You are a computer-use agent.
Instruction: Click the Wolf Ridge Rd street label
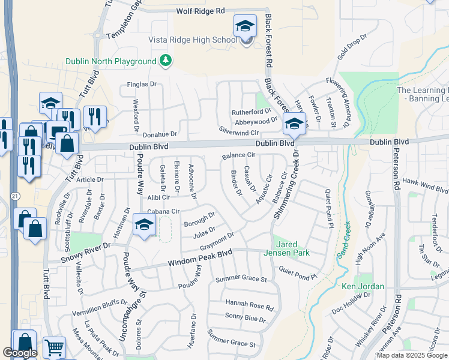(200, 11)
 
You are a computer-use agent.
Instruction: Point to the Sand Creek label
(343, 240)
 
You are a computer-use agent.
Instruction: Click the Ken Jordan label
(363, 286)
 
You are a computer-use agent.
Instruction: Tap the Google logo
(20, 353)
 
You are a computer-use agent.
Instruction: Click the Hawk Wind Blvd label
(425, 185)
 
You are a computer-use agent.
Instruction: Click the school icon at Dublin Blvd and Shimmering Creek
(294, 124)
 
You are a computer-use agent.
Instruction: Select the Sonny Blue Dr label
(245, 317)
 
